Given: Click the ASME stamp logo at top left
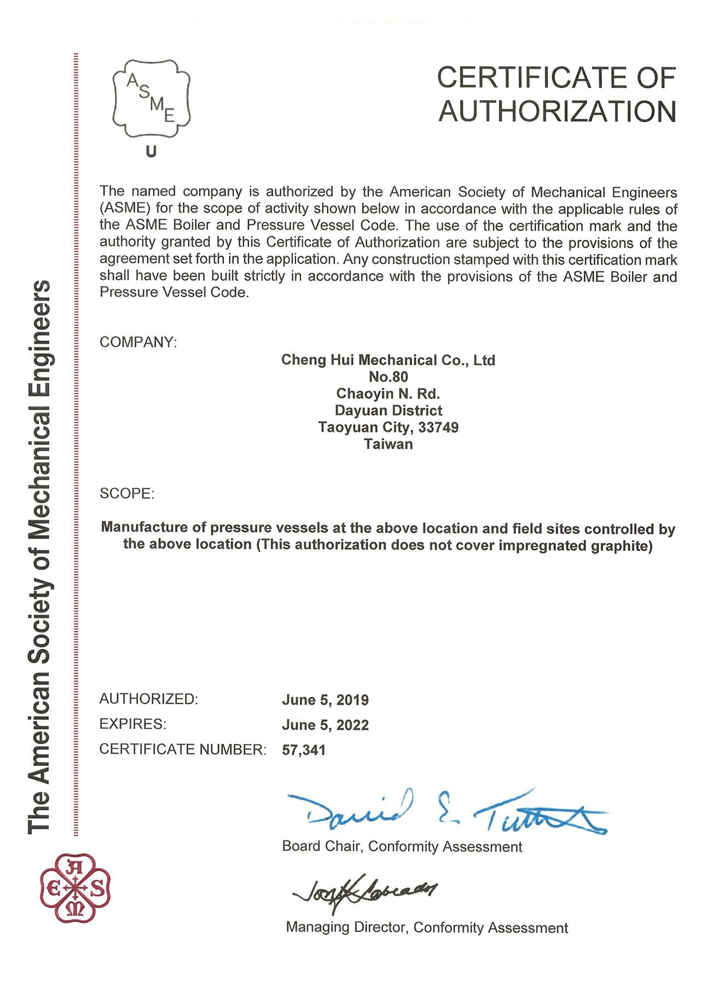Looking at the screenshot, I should coord(151,99).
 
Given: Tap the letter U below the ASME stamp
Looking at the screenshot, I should coord(151,152).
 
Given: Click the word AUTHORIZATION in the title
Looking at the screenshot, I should coord(558,111).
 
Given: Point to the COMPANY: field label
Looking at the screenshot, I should coord(138,342).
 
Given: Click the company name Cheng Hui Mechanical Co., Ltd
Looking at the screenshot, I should coord(388,360).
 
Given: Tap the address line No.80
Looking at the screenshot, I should coord(388,377).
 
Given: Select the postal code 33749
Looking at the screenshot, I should coord(438,427).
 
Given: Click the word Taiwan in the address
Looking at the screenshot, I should coord(388,444).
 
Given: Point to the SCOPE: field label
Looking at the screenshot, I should coord(127,493).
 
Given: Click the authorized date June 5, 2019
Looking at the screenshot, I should coord(325,700).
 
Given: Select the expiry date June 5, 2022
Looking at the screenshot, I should coord(325,725).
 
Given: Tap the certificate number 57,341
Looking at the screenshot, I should coord(304,750).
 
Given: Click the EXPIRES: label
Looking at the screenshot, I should coord(133,724).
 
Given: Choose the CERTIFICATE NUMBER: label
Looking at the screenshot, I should coord(182,749).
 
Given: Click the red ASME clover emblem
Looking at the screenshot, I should coord(76,888).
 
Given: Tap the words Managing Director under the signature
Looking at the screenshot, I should coord(346,928).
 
